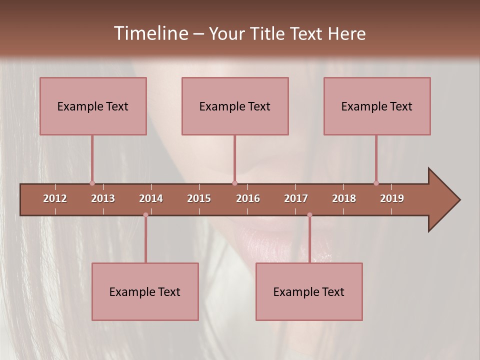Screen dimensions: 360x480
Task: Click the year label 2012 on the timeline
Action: click(x=55, y=199)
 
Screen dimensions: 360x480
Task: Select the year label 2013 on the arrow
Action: click(x=103, y=199)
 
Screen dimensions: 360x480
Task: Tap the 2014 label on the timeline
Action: click(x=151, y=199)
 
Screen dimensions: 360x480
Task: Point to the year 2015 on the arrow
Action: click(x=199, y=199)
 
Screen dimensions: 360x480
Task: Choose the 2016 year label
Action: click(x=248, y=199)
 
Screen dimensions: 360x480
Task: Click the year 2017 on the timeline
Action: click(x=296, y=199)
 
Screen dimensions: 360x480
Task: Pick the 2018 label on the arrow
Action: click(x=344, y=199)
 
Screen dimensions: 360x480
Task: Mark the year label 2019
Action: click(x=392, y=199)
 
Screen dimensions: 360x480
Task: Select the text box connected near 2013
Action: click(x=93, y=106)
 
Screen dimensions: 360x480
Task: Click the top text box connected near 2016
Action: click(x=235, y=106)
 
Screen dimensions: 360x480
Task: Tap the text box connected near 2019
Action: click(x=377, y=106)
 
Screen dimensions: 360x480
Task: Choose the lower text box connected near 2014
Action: click(x=145, y=291)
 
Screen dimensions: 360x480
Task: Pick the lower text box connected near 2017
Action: click(x=309, y=291)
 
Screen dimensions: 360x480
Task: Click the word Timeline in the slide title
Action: click(x=150, y=33)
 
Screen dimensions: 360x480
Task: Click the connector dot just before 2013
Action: click(x=92, y=183)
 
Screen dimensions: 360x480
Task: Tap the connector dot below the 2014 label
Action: click(x=145, y=215)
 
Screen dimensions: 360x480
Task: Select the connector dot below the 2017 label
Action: click(x=309, y=215)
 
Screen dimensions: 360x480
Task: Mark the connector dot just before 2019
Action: click(x=376, y=183)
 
